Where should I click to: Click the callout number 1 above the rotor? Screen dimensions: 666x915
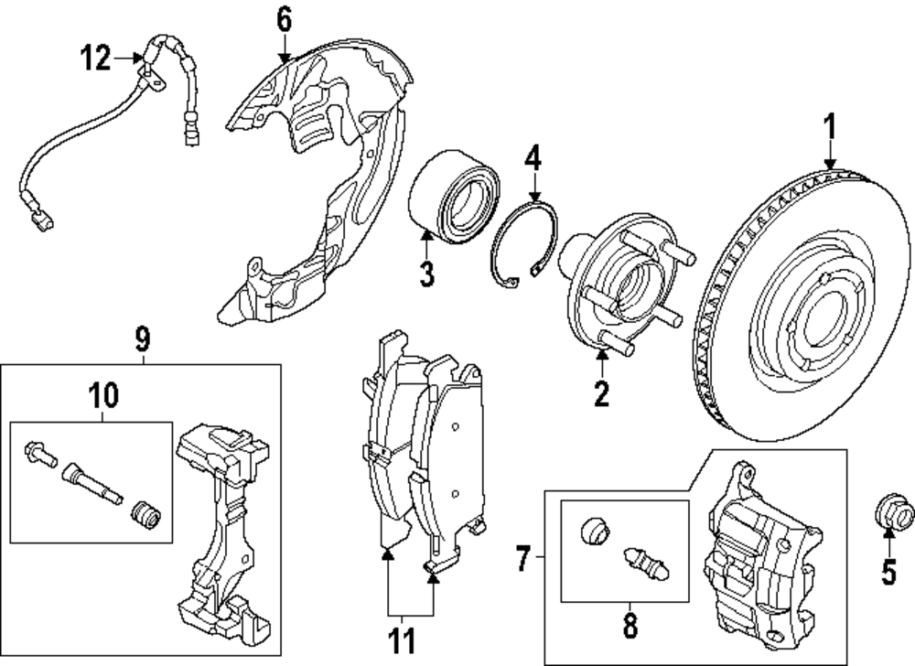click(831, 125)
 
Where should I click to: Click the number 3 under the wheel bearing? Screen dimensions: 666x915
click(427, 273)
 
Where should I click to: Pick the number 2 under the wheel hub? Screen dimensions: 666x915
click(600, 393)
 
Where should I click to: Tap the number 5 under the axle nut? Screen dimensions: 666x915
click(886, 573)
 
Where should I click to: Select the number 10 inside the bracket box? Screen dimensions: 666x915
click(103, 396)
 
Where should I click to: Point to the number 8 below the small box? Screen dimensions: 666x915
click(630, 626)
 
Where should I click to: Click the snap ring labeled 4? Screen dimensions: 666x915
click(520, 242)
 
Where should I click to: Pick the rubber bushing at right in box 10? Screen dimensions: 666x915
click(145, 515)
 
